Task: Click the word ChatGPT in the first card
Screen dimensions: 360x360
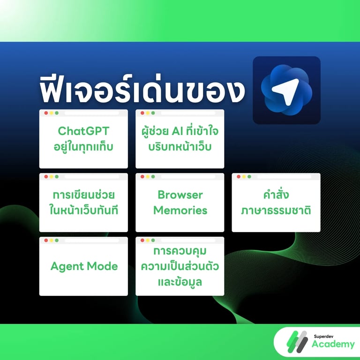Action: (83, 130)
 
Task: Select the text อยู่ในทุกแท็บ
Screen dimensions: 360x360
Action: (83, 146)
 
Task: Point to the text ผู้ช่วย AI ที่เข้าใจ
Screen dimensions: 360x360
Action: (180, 130)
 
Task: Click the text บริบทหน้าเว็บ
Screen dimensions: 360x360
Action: (180, 146)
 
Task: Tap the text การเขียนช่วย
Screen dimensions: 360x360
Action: (83, 195)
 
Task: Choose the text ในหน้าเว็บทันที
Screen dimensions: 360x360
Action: (83, 210)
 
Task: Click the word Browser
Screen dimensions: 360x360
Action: (180, 195)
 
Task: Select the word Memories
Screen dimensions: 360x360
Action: (180, 210)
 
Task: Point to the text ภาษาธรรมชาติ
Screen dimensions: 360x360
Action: (276, 210)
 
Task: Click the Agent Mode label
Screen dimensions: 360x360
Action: (84, 267)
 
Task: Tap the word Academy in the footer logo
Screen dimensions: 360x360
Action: (333, 345)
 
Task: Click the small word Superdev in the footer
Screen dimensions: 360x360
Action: (323, 336)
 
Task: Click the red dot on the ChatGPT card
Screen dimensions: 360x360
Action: (46, 113)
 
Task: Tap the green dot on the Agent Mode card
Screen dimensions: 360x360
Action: (57, 240)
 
